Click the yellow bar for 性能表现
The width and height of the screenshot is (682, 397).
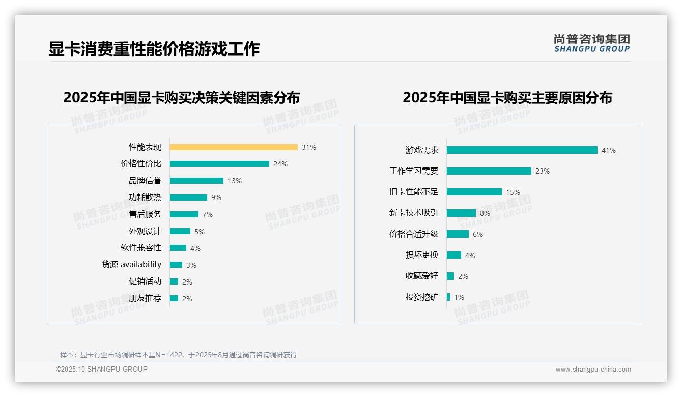pos(234,147)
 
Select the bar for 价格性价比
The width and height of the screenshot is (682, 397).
pos(219,164)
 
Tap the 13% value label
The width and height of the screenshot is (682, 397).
pos(235,181)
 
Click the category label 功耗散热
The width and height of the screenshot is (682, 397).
pos(145,197)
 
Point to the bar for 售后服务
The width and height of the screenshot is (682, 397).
pos(184,214)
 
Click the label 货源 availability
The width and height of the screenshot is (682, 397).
pos(132,265)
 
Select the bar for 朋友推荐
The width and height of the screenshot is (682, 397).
pos(174,298)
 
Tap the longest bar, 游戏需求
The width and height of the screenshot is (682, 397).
pos(522,150)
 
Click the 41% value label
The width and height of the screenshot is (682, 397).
pos(609,150)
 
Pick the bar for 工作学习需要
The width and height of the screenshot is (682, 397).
pos(489,171)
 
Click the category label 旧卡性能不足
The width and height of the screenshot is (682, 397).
pos(413,192)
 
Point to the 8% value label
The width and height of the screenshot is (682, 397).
pos(485,213)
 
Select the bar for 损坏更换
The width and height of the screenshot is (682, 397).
pos(454,255)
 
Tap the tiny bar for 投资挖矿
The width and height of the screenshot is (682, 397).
pos(448,297)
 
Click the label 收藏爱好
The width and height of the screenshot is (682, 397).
pos(422,276)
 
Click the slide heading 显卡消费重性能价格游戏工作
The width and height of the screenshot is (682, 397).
pos(154,49)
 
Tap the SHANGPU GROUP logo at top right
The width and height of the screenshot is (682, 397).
pos(591,43)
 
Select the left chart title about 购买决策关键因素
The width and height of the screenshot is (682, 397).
pos(182,97)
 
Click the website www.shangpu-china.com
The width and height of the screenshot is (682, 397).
pos(593,370)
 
